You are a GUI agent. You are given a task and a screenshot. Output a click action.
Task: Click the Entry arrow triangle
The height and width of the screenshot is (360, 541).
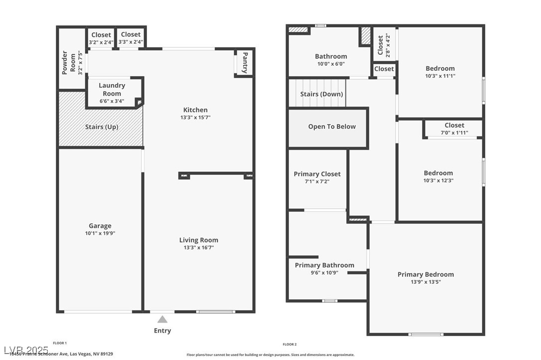click(x=162, y=320)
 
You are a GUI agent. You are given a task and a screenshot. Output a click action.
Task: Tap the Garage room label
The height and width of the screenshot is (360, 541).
click(x=100, y=226)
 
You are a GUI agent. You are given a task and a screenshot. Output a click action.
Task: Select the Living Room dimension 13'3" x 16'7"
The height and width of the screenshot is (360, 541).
click(x=198, y=247)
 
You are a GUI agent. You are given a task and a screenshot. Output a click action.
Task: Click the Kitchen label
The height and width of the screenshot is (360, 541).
click(x=195, y=110)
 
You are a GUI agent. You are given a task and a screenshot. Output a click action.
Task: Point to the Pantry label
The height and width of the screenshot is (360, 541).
click(x=245, y=63)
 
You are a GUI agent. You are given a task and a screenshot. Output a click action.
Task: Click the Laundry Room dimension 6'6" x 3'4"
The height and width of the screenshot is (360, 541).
click(x=112, y=101)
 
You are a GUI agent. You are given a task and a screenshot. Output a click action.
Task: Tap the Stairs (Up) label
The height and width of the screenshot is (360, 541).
click(x=102, y=127)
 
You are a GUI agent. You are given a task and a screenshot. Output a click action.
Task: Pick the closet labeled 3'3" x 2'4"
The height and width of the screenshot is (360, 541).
click(x=131, y=38)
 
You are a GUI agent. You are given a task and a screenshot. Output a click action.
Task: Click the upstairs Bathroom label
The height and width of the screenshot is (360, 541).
click(x=331, y=56)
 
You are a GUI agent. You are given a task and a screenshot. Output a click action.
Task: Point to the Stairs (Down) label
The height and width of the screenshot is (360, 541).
click(x=321, y=94)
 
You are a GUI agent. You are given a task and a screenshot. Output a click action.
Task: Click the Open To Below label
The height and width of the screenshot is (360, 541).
click(x=332, y=126)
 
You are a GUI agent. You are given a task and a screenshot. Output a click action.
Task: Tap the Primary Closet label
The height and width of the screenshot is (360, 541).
click(x=317, y=174)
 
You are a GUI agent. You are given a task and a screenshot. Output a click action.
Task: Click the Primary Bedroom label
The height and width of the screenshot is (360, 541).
click(x=425, y=274)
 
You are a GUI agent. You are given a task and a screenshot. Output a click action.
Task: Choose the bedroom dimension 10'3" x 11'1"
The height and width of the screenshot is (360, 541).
click(x=440, y=76)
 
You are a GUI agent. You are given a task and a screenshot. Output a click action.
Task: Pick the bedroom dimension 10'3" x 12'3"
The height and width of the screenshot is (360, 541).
click(x=438, y=181)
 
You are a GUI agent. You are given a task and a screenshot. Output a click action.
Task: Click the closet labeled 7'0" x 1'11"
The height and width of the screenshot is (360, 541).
click(x=454, y=129)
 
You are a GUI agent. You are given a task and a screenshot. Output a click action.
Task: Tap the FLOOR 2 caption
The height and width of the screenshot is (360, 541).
click(x=289, y=344)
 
